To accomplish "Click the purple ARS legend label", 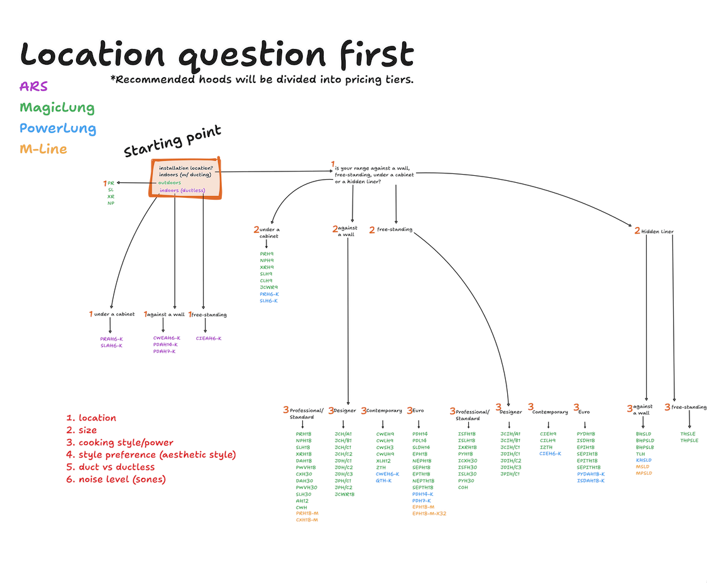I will (x=33, y=86).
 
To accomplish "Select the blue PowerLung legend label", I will (x=58, y=128).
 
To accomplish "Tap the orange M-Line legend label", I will (x=43, y=149).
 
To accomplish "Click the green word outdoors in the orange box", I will (x=170, y=183).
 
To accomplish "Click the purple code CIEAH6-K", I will (x=209, y=339).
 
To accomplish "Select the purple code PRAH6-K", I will (x=111, y=339).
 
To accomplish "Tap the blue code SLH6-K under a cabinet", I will (x=268, y=301).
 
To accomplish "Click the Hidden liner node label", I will (x=657, y=232).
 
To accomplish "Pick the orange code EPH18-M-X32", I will (x=429, y=514).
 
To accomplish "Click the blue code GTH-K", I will (x=383, y=481).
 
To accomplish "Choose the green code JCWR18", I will (x=345, y=494).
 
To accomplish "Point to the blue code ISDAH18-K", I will (x=591, y=481).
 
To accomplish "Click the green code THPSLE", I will (x=689, y=440).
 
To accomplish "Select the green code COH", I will (x=463, y=488).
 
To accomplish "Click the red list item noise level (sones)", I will (x=123, y=479).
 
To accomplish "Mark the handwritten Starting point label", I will (x=172, y=142).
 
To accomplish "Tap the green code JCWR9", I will (x=268, y=287).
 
